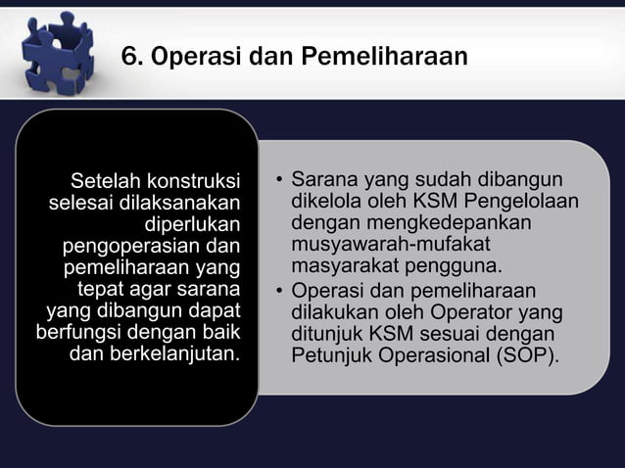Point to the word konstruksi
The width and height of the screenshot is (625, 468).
point(195,181)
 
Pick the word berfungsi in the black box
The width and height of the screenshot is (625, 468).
point(78,332)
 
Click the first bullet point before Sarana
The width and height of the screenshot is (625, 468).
point(279,182)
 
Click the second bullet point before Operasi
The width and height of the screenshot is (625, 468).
point(279,291)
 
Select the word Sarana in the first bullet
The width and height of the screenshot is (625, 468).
point(325,181)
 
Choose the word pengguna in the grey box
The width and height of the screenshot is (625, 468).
point(451,267)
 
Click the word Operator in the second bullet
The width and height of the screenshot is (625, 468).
point(479,311)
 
